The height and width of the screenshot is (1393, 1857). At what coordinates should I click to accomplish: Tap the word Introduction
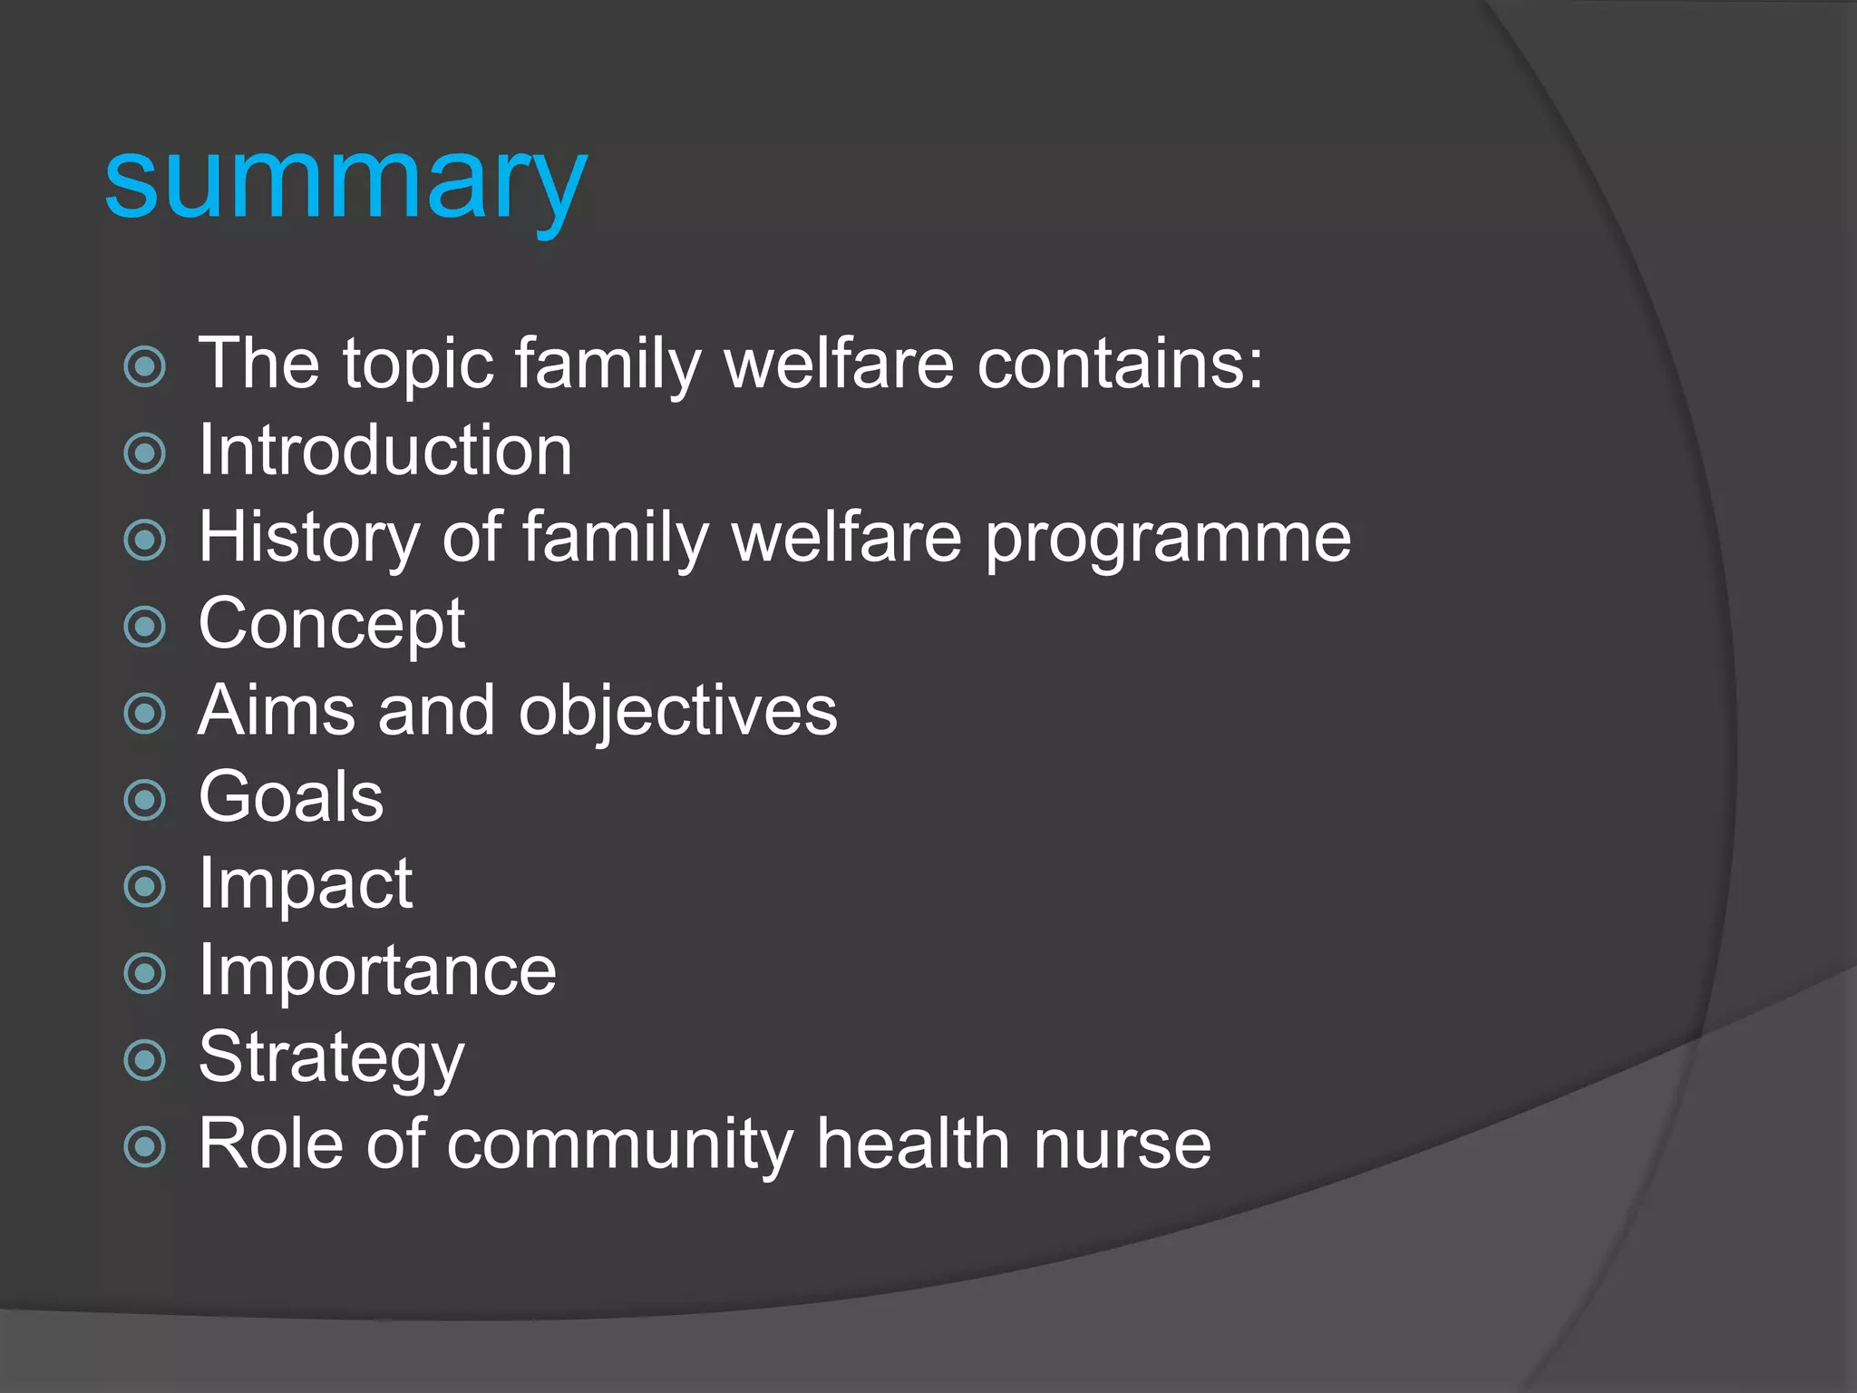tap(385, 451)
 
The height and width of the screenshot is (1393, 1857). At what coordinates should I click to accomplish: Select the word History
tap(309, 538)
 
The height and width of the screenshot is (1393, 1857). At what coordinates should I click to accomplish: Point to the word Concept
tap(332, 625)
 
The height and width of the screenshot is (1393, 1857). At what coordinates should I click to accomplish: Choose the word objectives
tap(677, 712)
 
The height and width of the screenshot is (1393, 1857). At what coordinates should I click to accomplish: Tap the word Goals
tap(291, 797)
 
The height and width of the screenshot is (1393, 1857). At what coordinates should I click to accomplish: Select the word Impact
tap(306, 884)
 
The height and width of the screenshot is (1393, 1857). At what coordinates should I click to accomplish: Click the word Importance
tap(377, 971)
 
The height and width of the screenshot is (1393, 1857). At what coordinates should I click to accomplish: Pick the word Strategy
tap(331, 1058)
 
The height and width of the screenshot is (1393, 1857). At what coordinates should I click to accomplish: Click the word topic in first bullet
tap(417, 365)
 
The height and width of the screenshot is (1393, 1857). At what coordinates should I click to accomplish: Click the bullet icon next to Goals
tap(145, 800)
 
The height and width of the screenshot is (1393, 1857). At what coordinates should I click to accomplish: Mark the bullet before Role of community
tap(145, 1147)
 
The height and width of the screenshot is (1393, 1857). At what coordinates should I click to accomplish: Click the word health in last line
tap(912, 1145)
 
